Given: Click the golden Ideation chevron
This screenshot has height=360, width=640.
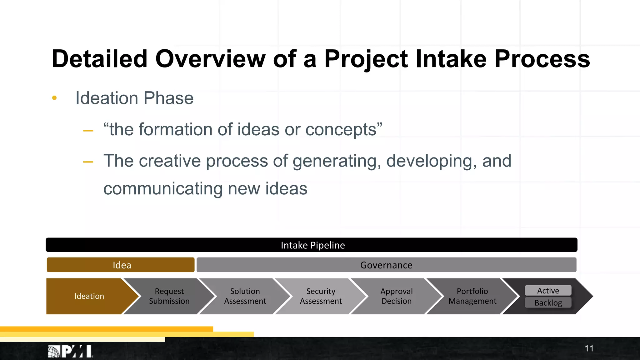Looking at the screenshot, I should [89, 296].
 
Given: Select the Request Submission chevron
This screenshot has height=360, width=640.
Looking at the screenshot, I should [169, 296].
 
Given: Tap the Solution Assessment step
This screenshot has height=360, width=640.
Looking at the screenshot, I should [245, 296].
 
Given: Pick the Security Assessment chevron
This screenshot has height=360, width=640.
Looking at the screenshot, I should [321, 296].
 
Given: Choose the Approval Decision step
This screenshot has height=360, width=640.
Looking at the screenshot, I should [396, 296].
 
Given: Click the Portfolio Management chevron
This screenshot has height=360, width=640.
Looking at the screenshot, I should [472, 296].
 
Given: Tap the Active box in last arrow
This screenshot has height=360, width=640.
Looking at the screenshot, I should [548, 291].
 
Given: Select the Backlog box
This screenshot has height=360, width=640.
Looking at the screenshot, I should [548, 303].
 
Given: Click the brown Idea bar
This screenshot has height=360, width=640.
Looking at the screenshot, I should [121, 265].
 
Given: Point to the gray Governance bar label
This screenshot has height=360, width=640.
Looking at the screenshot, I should [386, 265].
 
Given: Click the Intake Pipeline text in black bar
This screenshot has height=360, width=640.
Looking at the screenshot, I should [312, 245].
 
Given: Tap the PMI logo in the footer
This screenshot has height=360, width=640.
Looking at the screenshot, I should [71, 352].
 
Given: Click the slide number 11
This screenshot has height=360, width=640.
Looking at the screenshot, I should [589, 348].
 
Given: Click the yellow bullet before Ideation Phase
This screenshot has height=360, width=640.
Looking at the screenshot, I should [54, 98].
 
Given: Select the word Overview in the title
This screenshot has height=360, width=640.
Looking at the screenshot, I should [210, 59].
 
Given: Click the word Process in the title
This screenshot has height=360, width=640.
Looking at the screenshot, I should [542, 59].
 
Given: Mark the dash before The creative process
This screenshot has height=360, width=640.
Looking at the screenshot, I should [88, 162].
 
